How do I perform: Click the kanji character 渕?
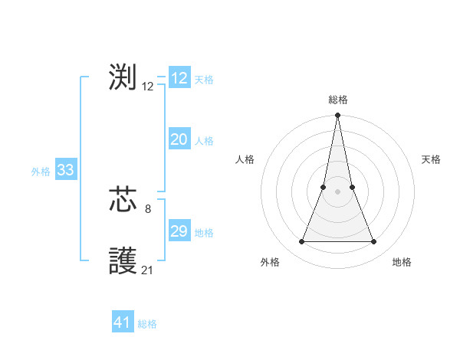(123, 77)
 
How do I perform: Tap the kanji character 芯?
(123, 201)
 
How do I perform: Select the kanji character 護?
(123, 262)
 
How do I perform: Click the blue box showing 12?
(179, 78)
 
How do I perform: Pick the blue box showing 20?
(179, 139)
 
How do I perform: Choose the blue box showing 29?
(179, 231)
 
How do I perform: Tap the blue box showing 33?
(65, 170)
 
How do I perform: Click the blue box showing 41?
(123, 322)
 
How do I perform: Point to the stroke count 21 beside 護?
(148, 270)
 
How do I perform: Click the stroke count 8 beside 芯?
(148, 208)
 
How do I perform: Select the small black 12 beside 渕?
(148, 87)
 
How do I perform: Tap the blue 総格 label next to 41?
(147, 324)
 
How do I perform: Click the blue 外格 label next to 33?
(41, 172)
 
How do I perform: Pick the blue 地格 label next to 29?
(204, 233)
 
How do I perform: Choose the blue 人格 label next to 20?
(204, 141)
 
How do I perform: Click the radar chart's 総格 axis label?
(338, 100)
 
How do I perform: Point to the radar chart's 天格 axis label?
(431, 159)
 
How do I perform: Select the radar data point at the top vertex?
(338, 116)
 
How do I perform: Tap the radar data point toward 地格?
(374, 242)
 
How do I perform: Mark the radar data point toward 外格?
(301, 242)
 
